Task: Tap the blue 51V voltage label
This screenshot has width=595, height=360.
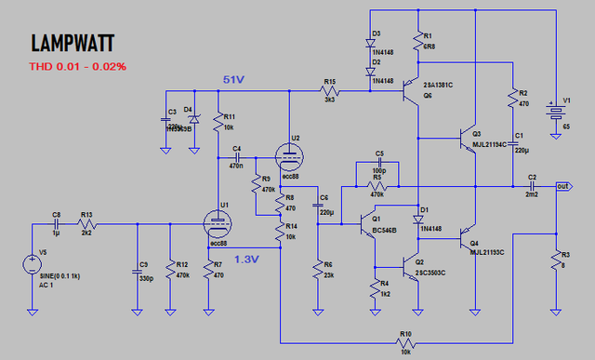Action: point(233,81)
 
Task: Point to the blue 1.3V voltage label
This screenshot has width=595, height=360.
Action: point(246,260)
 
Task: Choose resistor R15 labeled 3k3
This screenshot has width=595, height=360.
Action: point(329,91)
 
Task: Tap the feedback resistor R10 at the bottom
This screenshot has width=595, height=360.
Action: point(405,340)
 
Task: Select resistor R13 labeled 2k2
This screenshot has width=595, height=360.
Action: point(86,223)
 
